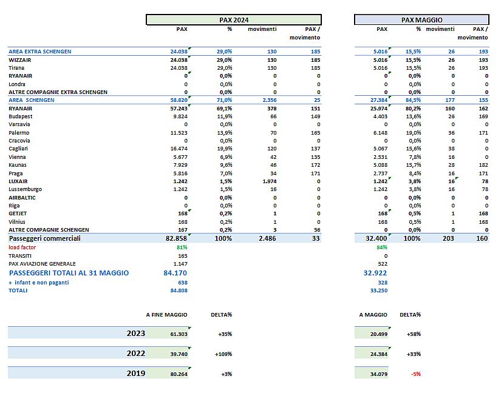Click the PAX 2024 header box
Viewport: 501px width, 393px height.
[x=234, y=20]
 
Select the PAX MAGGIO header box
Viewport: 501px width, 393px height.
[x=421, y=20]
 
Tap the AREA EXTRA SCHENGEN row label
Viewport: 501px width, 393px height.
[x=40, y=52]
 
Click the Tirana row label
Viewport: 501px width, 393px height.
[x=16, y=68]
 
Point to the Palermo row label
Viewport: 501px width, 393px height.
[x=19, y=133]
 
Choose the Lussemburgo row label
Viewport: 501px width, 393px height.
[x=25, y=189]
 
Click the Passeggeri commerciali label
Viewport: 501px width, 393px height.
[x=45, y=238]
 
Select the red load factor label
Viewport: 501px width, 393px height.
[x=22, y=247]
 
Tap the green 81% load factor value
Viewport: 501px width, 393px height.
[x=182, y=247]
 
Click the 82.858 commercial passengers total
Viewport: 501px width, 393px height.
[x=176, y=238]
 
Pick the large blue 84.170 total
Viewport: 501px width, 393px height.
[x=175, y=273]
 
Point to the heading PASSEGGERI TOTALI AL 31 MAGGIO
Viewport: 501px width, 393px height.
[x=69, y=273]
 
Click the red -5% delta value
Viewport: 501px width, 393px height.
[x=416, y=374]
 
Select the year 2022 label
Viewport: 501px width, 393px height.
[x=136, y=354]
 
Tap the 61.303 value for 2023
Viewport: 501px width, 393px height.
[x=179, y=334]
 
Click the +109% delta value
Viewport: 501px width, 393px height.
[x=223, y=354]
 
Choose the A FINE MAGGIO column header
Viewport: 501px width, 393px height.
[x=166, y=315]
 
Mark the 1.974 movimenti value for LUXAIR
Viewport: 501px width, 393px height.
[x=270, y=181]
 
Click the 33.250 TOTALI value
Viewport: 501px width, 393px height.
[x=378, y=291]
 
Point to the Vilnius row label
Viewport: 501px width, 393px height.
[x=16, y=222]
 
